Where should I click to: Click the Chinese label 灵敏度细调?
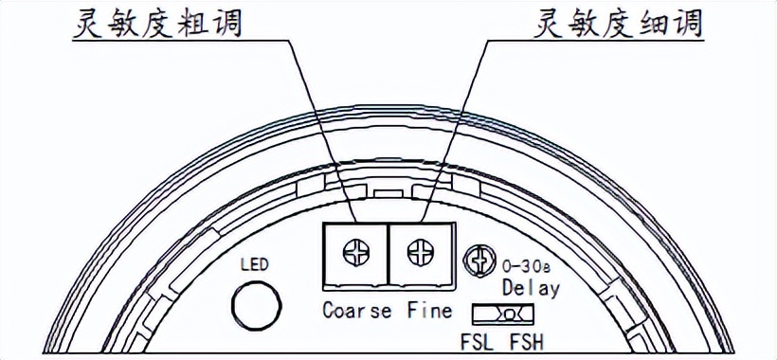(619, 22)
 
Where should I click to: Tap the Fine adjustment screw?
(419, 253)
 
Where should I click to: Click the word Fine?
(429, 310)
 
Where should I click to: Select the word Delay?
(531, 287)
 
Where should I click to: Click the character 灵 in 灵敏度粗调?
(88, 22)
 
